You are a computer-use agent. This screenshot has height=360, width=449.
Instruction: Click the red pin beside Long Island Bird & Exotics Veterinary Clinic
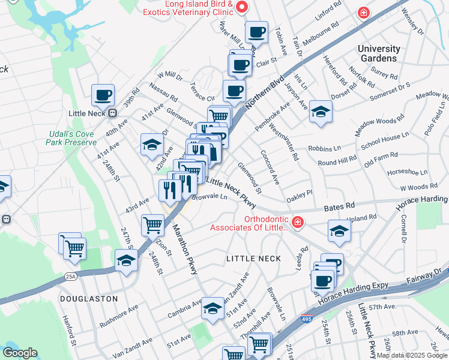(242, 8)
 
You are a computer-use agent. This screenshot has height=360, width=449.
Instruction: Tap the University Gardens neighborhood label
(378, 53)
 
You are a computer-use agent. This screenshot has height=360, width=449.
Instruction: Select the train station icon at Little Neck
(112, 113)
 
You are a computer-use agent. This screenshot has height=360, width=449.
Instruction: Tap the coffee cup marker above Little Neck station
(103, 94)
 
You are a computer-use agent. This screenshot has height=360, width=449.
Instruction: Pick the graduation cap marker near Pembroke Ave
(321, 112)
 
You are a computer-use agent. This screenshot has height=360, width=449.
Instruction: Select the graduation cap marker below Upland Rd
(340, 231)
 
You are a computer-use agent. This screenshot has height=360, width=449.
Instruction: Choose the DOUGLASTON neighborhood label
(88, 298)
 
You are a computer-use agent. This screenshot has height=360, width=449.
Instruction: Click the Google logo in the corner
(20, 352)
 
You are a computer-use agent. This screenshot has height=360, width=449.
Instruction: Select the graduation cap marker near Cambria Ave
(212, 308)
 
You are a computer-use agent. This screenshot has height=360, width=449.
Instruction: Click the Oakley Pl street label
(300, 193)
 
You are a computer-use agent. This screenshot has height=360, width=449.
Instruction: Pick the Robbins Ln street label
(325, 147)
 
